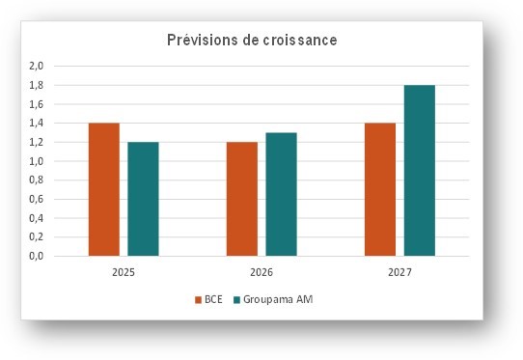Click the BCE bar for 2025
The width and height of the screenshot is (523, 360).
pos(104,190)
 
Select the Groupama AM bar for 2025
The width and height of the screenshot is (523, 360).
pos(143,200)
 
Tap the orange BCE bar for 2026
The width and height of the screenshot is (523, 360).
pos(242,200)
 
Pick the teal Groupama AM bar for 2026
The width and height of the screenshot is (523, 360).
pos(281,195)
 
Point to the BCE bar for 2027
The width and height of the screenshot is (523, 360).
pos(380,190)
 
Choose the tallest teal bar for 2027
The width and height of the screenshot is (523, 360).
pos(420,171)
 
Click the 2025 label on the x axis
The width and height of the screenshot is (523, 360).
pos(124,273)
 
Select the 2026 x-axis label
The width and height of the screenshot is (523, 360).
pos(261,273)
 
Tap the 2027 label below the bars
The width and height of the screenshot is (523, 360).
pos(399,273)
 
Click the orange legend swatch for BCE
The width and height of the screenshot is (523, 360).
pos(199,299)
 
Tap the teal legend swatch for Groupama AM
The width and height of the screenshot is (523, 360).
pos(233,299)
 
